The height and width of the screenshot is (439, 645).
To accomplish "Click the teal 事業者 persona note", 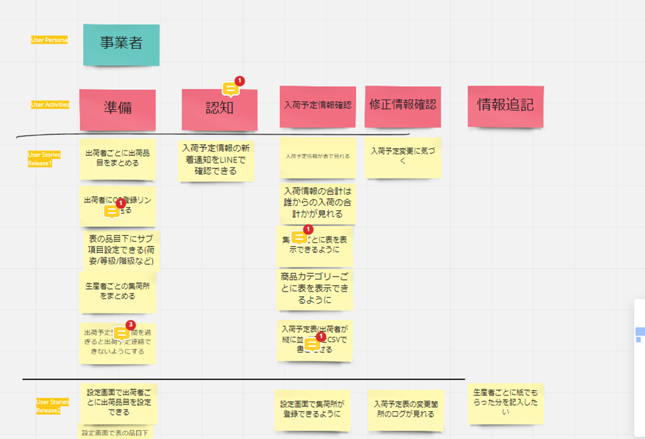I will [x=121, y=44].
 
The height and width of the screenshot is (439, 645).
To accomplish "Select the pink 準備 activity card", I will [x=117, y=109].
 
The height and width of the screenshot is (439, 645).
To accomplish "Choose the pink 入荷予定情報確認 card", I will [x=318, y=106].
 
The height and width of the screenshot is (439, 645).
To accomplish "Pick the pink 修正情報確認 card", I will [x=403, y=106].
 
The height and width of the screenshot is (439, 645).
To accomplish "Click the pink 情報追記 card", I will [x=505, y=106].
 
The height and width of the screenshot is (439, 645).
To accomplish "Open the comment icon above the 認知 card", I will [x=231, y=89].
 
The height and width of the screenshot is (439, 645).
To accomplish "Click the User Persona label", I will [x=49, y=40].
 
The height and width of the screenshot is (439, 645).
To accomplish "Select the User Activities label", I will [x=50, y=105].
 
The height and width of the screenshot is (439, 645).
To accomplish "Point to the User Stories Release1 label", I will [x=44, y=159].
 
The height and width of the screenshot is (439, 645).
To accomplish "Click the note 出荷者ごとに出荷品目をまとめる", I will [x=118, y=159].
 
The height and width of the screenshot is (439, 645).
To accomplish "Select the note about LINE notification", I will [x=216, y=160].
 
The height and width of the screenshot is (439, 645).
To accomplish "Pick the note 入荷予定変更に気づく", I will [x=403, y=156].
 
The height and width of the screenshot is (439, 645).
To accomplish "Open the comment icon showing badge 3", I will [x=122, y=333].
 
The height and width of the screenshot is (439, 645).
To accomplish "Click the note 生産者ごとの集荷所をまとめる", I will [x=117, y=292].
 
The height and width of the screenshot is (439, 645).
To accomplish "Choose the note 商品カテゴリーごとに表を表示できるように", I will [x=315, y=289].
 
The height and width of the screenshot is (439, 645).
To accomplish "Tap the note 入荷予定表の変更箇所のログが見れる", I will [x=406, y=409].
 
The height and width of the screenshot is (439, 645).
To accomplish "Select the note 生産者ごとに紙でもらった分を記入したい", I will [x=505, y=403].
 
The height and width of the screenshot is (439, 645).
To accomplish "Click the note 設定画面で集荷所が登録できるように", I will [x=312, y=409].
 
